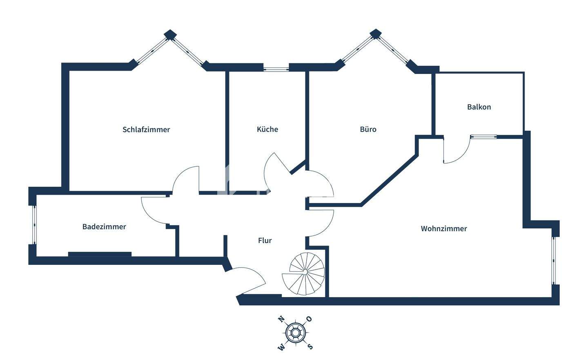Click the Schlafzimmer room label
coord(146,130)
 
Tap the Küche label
coord(267,129)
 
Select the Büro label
coord(368,129)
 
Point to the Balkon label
coord(479,107)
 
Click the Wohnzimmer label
coord(444,228)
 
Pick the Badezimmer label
coord(104,226)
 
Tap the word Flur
coord(265,240)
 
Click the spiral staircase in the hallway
coord(304,274)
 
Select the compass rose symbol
coord(295,333)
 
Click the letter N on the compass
coord(281,319)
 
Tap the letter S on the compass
coord(310,347)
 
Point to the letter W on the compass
coord(281,347)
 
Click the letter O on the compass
coord(309,319)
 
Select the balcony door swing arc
coord(455,153)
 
